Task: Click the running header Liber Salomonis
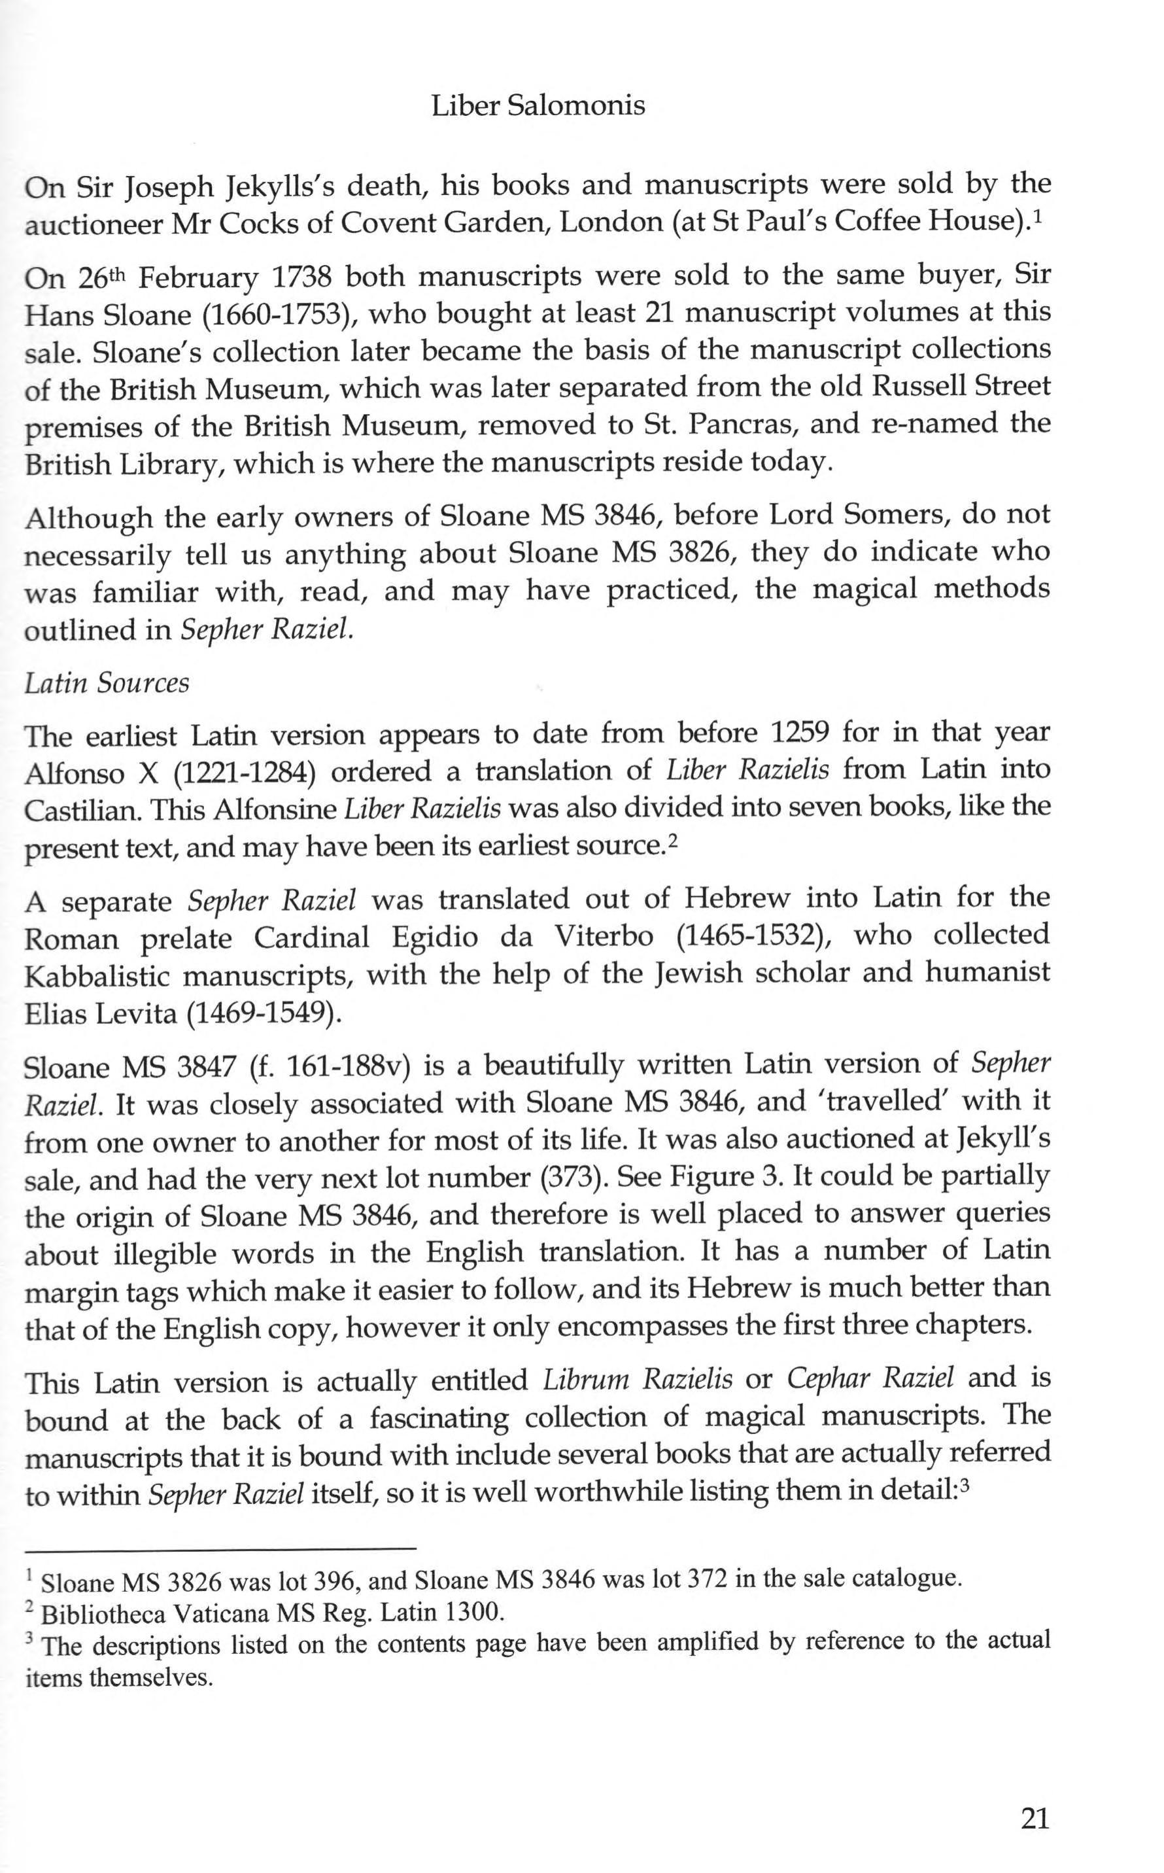[538, 105]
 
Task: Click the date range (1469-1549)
[262, 1013]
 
